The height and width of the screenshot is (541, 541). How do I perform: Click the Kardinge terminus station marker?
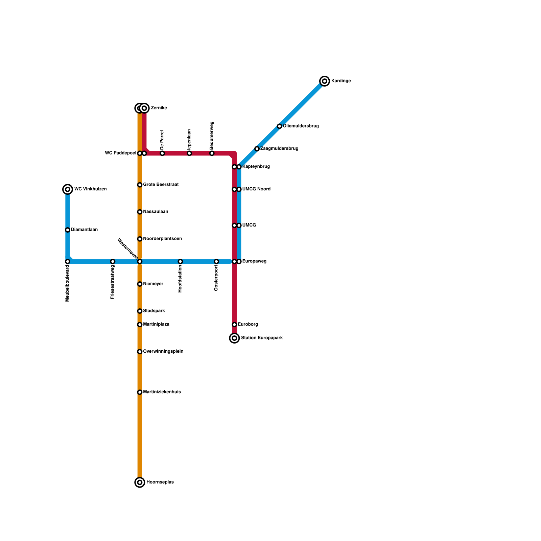(x=325, y=81)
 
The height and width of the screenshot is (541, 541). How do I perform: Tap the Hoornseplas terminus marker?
(x=140, y=482)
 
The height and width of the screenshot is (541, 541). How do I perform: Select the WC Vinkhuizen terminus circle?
(x=68, y=189)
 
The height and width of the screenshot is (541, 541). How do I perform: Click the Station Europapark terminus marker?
(x=234, y=338)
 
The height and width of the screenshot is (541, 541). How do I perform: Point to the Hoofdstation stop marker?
(x=180, y=261)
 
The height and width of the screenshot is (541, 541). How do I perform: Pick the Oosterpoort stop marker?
(x=216, y=261)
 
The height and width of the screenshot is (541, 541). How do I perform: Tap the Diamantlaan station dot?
(x=68, y=230)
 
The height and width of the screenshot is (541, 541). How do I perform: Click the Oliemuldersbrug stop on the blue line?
(x=279, y=126)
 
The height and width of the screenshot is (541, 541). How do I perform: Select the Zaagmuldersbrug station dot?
(x=257, y=149)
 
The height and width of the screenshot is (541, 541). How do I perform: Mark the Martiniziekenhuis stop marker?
(x=140, y=392)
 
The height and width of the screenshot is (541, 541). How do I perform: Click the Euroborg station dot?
(x=234, y=325)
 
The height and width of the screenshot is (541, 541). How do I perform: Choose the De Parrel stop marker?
(x=162, y=154)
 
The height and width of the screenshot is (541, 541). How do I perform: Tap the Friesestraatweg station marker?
(x=113, y=261)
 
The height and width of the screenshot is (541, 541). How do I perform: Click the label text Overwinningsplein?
(x=163, y=352)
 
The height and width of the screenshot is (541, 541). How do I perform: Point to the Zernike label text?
(x=159, y=108)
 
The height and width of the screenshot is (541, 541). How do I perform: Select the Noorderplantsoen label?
(x=162, y=239)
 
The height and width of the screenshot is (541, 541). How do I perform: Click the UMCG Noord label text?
(x=256, y=189)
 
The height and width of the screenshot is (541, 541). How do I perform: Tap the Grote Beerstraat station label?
(x=161, y=185)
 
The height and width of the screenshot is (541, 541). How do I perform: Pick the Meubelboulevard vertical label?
(x=68, y=283)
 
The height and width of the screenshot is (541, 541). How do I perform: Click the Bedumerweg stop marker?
(x=212, y=154)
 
